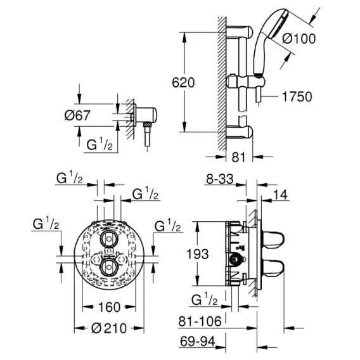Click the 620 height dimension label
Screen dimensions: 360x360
pyautogui.click(x=183, y=82)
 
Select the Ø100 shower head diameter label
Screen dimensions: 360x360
pyautogui.click(x=299, y=39)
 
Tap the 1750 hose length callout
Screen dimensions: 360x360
pyautogui.click(x=297, y=97)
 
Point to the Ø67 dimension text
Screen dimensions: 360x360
pyautogui.click(x=77, y=115)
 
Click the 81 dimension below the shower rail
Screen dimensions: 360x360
pyautogui.click(x=238, y=157)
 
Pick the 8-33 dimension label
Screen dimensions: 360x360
pyautogui.click(x=219, y=179)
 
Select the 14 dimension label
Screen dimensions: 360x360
pyautogui.click(x=280, y=195)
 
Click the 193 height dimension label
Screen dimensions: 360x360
pyautogui.click(x=198, y=254)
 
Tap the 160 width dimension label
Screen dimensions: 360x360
pyautogui.click(x=109, y=307)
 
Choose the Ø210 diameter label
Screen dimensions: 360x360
pyautogui.click(x=109, y=328)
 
